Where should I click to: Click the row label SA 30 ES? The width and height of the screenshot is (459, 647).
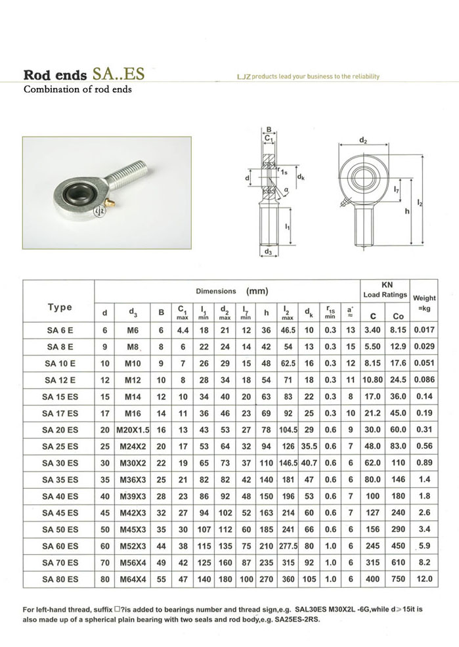(60, 462)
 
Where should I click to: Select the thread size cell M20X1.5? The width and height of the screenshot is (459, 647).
(133, 430)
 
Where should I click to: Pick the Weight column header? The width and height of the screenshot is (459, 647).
(425, 302)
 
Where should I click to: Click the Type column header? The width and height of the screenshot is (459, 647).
(60, 307)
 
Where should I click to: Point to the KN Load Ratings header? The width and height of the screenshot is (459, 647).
(385, 290)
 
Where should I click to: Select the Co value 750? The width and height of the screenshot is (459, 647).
(399, 579)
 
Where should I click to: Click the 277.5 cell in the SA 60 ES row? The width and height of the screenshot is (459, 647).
(288, 545)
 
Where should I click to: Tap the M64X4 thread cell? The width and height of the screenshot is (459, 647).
(133, 579)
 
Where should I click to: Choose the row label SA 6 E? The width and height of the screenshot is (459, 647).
(60, 330)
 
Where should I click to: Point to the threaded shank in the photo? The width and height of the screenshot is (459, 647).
(131, 172)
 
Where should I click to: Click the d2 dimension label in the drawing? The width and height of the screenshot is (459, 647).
(363, 140)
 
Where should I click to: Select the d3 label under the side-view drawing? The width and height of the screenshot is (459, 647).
(269, 252)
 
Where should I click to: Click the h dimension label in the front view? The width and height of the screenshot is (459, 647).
(408, 210)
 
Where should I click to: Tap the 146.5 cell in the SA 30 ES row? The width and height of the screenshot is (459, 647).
(288, 462)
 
